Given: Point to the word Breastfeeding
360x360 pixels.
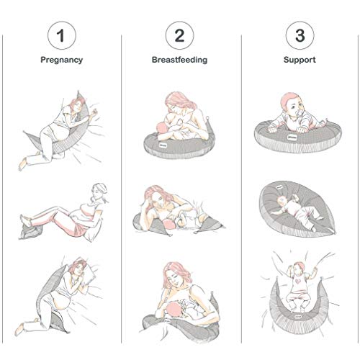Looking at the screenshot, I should tap(180, 60).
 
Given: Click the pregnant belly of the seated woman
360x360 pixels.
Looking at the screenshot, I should tap(70, 217).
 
